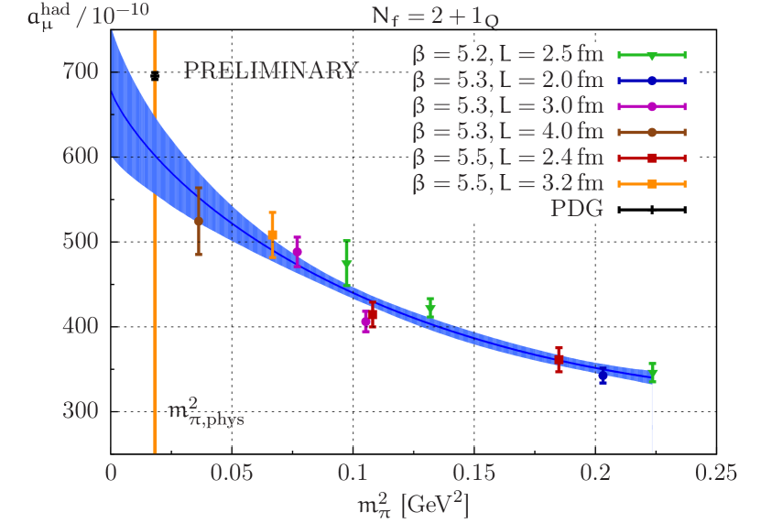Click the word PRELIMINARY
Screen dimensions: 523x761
point(271,71)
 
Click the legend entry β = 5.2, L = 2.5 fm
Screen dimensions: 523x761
point(508,55)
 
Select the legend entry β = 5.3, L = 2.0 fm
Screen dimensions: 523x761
point(508,81)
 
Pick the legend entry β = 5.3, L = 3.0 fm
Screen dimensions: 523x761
point(508,106)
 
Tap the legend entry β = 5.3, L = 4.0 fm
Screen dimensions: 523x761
point(508,132)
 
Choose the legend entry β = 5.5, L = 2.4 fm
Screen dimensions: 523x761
point(508,158)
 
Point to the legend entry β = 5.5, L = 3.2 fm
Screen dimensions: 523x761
point(508,183)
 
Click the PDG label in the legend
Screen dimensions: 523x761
point(576,209)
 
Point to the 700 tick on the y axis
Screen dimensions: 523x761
point(81,71)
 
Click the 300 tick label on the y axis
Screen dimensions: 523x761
point(81,410)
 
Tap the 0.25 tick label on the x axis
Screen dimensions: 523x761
point(715,474)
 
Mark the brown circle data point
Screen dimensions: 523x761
point(199,222)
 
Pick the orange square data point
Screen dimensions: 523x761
point(272,235)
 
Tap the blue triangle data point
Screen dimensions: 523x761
point(603,374)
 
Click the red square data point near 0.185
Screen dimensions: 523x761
point(559,360)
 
